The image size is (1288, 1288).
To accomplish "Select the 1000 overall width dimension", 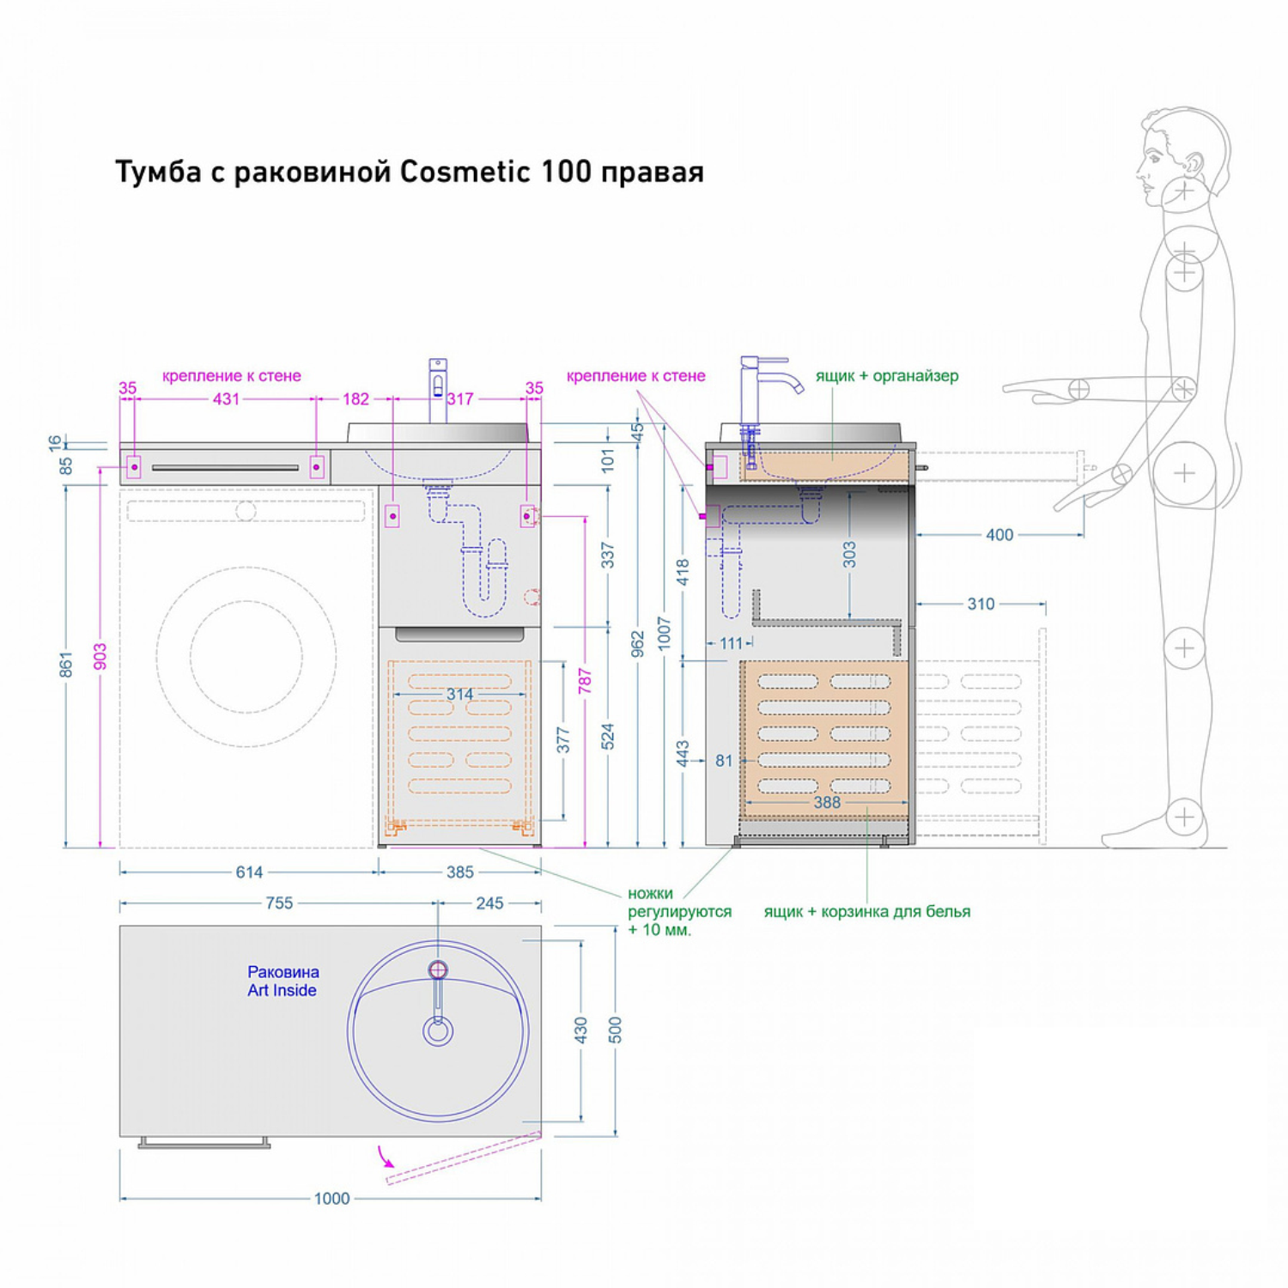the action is pos(331,1198).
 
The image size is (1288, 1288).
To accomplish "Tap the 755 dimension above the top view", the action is pos(279,902).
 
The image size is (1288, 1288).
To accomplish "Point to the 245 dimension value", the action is pos(489,902).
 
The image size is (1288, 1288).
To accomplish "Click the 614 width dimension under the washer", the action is pos(249,872).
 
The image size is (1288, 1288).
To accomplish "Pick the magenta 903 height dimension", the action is pos(100,657).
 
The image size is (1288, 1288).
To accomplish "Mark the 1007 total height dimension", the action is pos(664,633).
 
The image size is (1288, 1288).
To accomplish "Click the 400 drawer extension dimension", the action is pos(999,535).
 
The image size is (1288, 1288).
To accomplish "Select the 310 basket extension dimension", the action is pos(981,604).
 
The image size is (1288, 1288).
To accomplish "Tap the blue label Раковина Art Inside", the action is pos(283,981).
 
